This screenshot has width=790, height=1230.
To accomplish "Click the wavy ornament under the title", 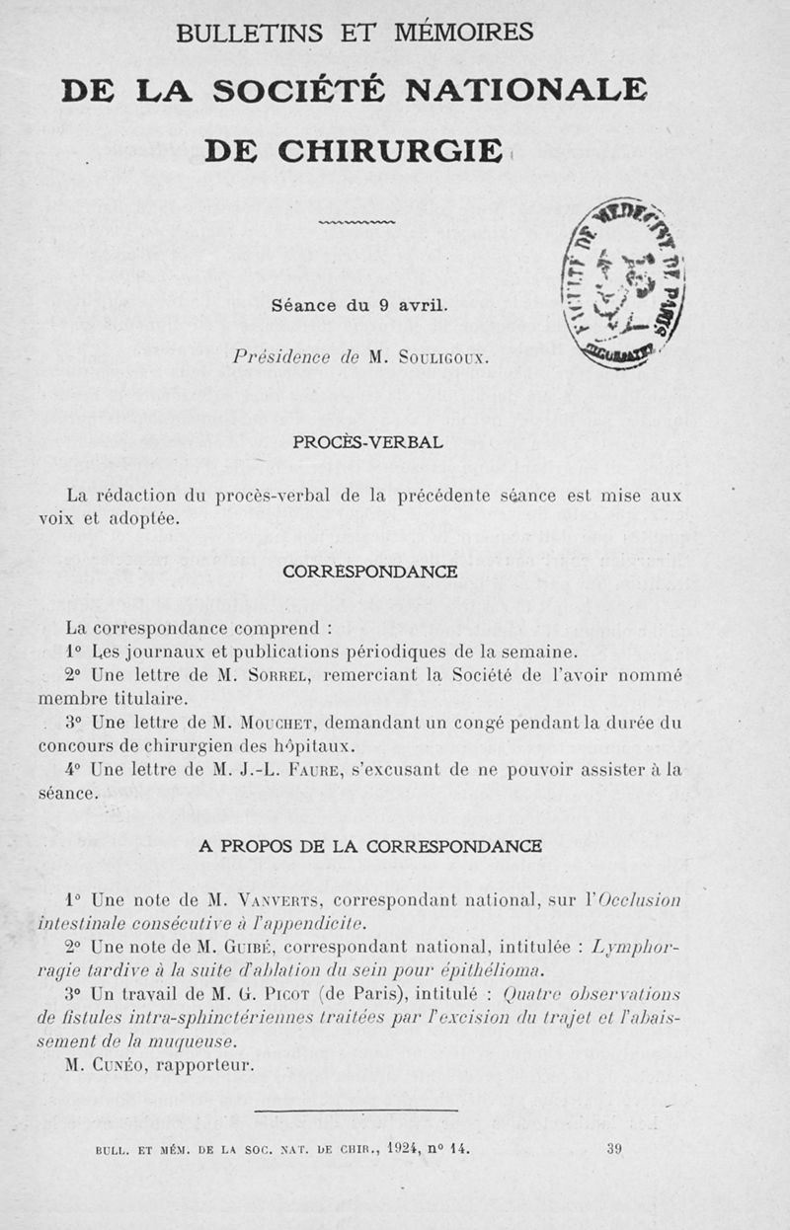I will point(356,223).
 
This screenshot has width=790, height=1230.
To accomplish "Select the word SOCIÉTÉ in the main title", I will point(316,91).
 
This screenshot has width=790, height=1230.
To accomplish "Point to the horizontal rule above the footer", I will point(355,1112).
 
